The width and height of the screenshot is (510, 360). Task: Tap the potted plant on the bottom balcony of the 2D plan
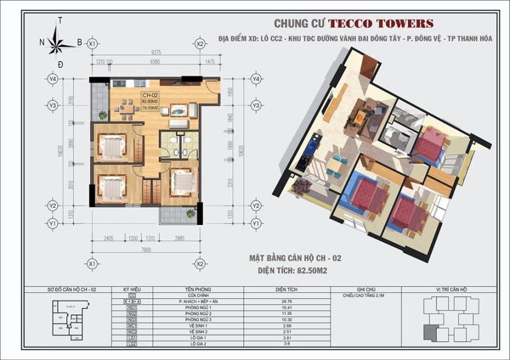189,215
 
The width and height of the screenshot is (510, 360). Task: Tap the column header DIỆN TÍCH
287,290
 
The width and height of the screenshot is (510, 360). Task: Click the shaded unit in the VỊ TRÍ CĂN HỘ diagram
434,322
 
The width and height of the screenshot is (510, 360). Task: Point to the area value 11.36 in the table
287,314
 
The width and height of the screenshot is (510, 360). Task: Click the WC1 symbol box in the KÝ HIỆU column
131,326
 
